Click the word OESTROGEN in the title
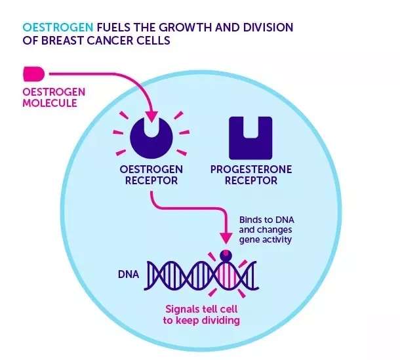coord(58,28)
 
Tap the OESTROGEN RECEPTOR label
coord(151,174)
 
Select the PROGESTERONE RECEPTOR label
coord(251,174)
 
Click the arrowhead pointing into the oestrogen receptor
coord(151,117)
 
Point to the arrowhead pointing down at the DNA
coord(227,235)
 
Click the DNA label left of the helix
coord(128,273)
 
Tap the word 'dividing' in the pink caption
coord(219,321)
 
